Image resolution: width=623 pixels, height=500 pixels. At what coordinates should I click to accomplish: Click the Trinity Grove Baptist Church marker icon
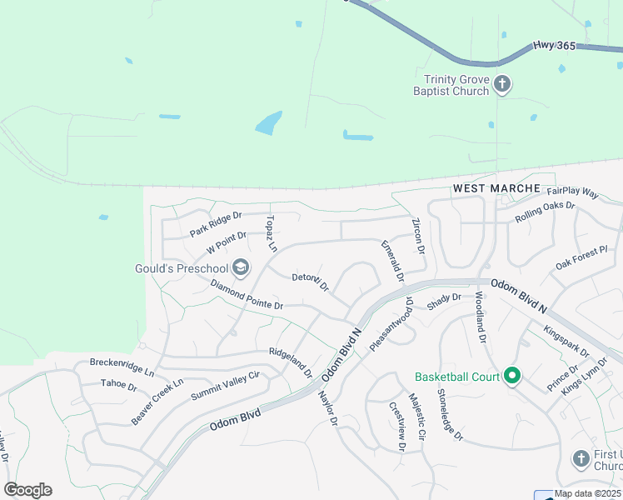click(x=501, y=83)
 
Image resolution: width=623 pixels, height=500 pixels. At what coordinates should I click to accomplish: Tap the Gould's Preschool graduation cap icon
click(x=241, y=267)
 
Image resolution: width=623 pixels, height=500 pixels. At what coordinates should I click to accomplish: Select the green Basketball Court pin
click(x=512, y=377)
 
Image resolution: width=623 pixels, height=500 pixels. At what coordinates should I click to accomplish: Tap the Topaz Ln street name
click(x=270, y=233)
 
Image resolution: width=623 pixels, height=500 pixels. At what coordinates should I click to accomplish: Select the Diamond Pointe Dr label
click(x=247, y=295)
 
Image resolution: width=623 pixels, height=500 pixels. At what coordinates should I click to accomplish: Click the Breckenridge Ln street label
click(x=122, y=368)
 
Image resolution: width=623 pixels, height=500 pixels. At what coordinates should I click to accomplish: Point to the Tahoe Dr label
click(x=118, y=385)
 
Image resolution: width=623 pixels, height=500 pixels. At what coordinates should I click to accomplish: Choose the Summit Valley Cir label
click(x=225, y=385)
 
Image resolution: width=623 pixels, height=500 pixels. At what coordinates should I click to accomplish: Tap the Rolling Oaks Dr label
click(x=545, y=211)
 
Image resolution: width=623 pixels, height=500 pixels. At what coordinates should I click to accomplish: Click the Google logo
click(x=27, y=490)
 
